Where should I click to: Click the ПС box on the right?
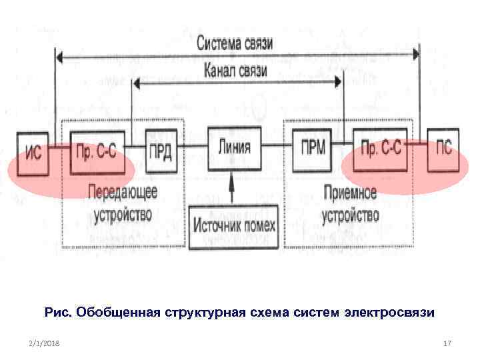[443, 149]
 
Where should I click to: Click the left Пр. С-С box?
[97, 151]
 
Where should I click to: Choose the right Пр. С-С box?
[381, 148]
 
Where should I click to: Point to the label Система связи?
[235, 43]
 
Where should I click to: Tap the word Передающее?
[123, 193]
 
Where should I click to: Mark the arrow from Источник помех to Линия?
[232, 186]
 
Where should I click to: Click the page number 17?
[447, 343]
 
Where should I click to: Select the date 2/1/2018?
[44, 343]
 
